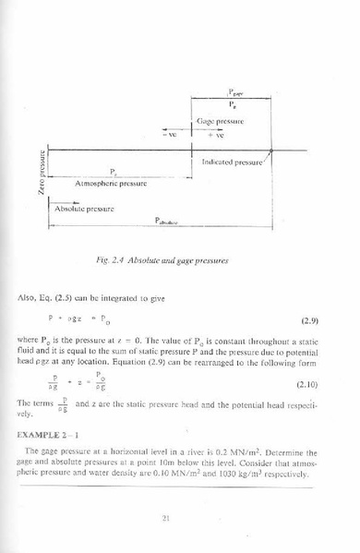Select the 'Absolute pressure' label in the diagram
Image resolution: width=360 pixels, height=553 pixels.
click(83, 210)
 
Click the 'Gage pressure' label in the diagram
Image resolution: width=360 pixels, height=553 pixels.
click(219, 121)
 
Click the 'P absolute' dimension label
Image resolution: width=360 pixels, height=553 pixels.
click(165, 222)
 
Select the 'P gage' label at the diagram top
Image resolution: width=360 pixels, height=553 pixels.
click(235, 93)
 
